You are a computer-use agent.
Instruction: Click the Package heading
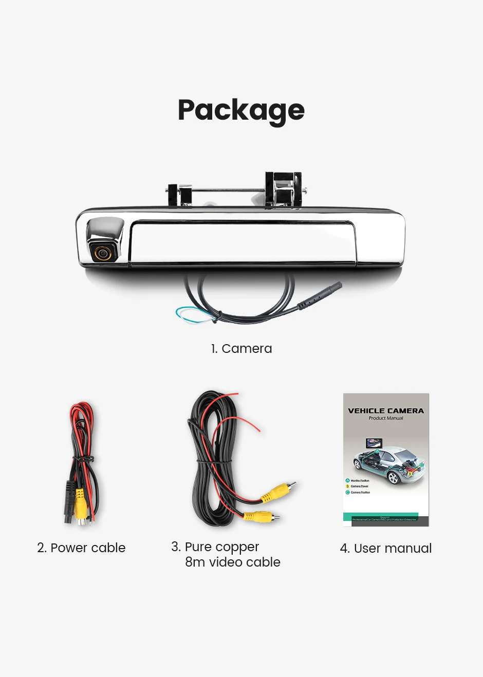[x=241, y=110]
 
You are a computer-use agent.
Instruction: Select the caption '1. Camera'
[x=241, y=348]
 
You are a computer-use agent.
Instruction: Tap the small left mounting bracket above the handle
[x=180, y=195]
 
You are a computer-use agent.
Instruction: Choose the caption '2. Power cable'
[x=81, y=548]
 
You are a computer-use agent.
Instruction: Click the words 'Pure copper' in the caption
[x=221, y=547]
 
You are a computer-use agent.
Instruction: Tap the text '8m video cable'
[x=232, y=562]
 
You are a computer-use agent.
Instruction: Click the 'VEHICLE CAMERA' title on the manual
[x=386, y=411]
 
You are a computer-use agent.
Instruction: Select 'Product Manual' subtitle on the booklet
[x=386, y=419]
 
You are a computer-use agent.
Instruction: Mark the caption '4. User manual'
[x=385, y=548]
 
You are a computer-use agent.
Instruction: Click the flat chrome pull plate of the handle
[x=242, y=243]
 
